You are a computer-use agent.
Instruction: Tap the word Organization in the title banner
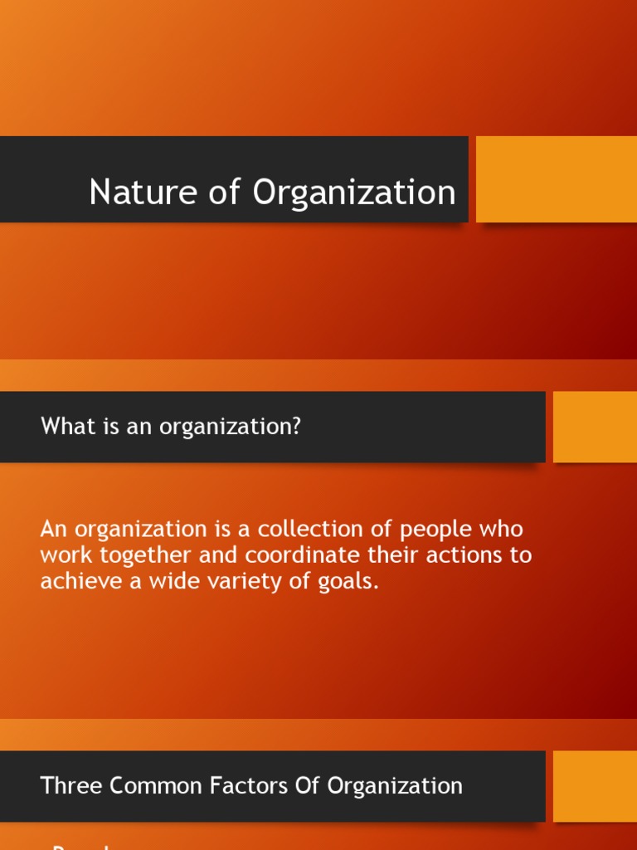pos(354,193)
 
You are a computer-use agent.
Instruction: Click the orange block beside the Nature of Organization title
pos(556,179)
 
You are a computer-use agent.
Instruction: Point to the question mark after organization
pos(296,427)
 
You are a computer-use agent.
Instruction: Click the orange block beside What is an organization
pos(595,427)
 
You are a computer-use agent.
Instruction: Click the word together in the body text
pos(143,555)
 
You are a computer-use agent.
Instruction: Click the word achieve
pos(80,581)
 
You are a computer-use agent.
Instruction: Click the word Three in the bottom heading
pos(70,785)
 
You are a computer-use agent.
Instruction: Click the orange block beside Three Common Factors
pos(595,786)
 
